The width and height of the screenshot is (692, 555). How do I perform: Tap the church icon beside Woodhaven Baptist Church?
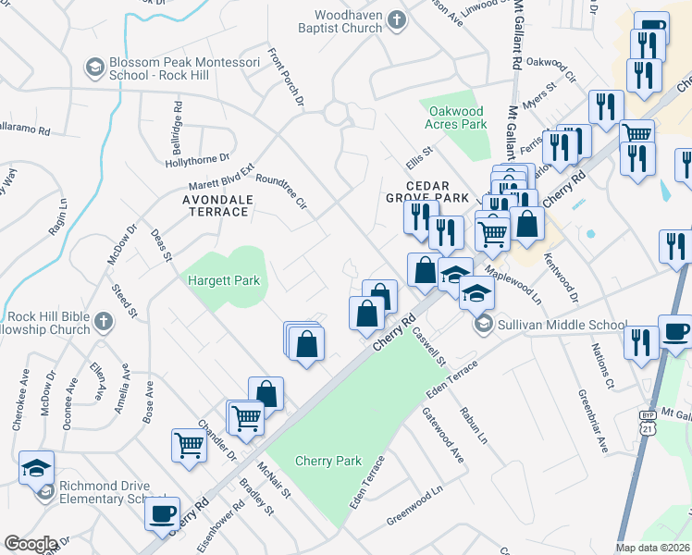point(397,20)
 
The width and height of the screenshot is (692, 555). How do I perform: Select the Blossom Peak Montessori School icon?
point(93,67)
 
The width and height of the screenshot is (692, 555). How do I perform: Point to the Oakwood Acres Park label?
point(455,117)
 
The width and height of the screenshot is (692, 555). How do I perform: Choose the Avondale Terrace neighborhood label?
point(203,204)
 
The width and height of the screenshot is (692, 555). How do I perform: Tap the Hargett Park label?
point(223,280)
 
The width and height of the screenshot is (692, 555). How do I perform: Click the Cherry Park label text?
point(327,461)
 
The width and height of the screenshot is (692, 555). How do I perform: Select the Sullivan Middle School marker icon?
point(484,325)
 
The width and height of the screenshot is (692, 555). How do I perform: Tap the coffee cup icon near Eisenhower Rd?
point(164,513)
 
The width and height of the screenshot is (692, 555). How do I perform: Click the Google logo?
point(30,544)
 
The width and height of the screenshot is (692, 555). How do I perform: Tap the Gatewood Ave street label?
point(443,434)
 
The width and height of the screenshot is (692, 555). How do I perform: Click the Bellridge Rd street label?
point(176,120)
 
